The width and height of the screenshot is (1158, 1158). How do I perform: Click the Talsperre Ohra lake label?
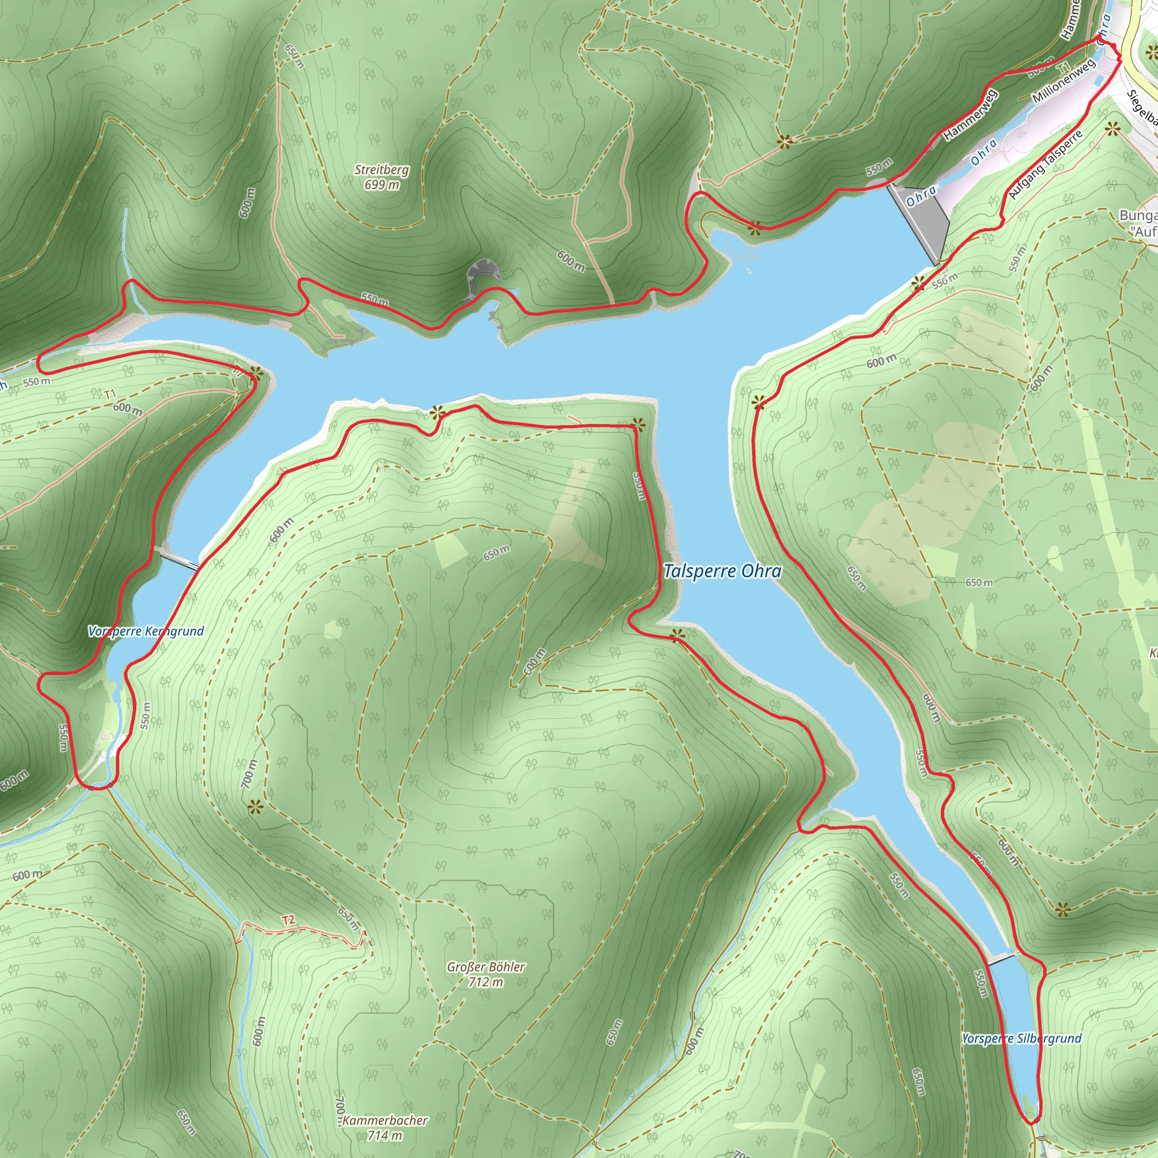[x=722, y=571]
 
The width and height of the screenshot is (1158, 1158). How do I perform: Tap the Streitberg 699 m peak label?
[x=382, y=177]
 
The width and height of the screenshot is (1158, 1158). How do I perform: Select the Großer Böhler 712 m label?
[x=486, y=974]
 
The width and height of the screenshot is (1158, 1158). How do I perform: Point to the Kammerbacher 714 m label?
[x=386, y=1127]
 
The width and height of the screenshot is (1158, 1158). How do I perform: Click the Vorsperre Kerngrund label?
[x=146, y=631]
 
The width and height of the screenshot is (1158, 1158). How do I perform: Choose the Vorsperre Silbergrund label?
[x=1021, y=1038]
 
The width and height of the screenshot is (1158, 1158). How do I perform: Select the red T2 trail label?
[x=288, y=920]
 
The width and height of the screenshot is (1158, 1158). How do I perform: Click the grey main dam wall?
[x=920, y=222]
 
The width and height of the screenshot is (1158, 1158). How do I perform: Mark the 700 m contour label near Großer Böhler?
[x=249, y=773]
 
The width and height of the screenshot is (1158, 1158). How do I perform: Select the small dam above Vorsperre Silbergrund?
[x=1002, y=960]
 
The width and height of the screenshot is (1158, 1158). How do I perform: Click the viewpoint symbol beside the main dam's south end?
[x=918, y=285]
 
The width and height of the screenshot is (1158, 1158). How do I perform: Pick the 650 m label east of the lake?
[x=979, y=582]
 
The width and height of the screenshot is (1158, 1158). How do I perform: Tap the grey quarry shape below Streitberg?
[x=483, y=273]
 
